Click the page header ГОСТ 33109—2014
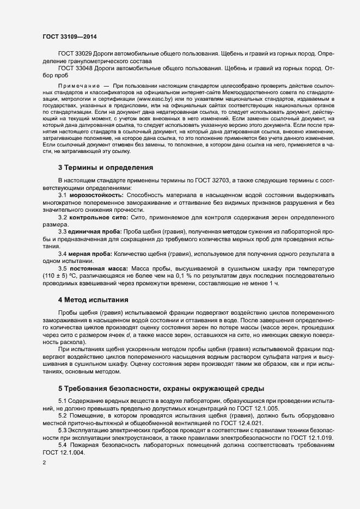[70, 36]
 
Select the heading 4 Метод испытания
[93, 299]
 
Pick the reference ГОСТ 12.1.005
[260, 408]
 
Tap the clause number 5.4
[63, 445]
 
